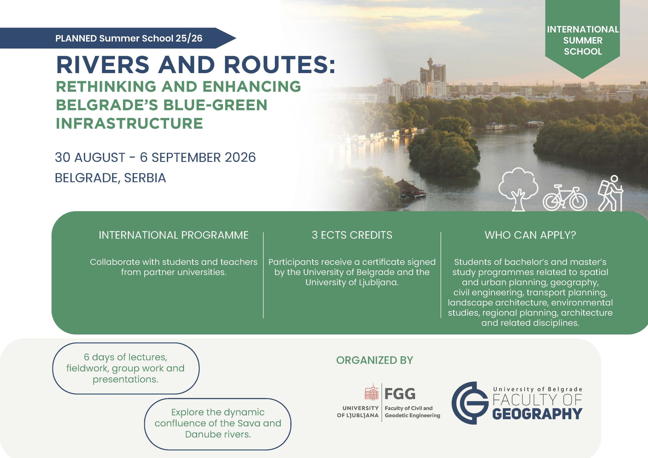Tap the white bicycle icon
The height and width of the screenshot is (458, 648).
pyautogui.click(x=565, y=198)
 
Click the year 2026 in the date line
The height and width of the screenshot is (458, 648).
pyautogui.click(x=240, y=157)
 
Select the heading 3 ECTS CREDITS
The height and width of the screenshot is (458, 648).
pyautogui.click(x=352, y=235)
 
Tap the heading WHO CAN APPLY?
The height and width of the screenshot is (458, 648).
pyautogui.click(x=530, y=235)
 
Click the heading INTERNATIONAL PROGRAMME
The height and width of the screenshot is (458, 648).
pyautogui.click(x=174, y=235)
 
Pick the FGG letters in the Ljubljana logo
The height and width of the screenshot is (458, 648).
pyautogui.click(x=400, y=394)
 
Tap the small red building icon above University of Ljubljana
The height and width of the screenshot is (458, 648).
pyautogui.click(x=372, y=392)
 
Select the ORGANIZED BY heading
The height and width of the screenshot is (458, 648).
pyautogui.click(x=375, y=360)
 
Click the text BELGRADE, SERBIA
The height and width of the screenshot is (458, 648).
pyautogui.click(x=110, y=178)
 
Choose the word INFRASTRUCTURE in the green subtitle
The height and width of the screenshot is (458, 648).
pyautogui.click(x=129, y=123)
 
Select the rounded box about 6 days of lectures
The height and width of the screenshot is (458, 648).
pyautogui.click(x=126, y=368)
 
